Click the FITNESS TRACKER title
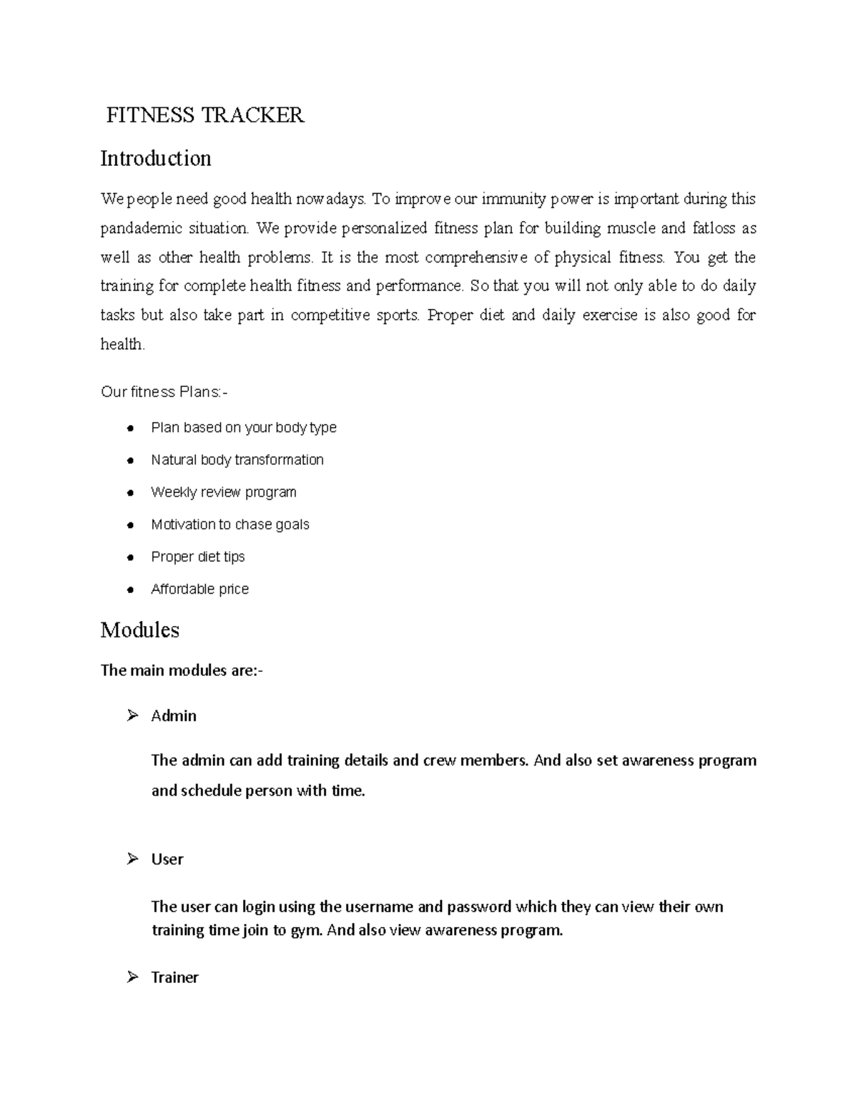pos(205,115)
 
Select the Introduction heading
pos(156,158)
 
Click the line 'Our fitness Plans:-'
pos(165,392)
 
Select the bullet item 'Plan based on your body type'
pos(243,428)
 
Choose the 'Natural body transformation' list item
pos(237,460)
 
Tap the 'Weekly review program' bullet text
pos(223,492)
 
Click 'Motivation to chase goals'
pos(230,524)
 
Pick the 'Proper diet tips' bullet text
pos(197,557)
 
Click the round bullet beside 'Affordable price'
pos(130,590)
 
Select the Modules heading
pos(140,630)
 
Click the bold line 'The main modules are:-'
pos(182,670)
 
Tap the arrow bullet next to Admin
pos(132,715)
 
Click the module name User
pos(167,859)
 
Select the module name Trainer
pos(174,977)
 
